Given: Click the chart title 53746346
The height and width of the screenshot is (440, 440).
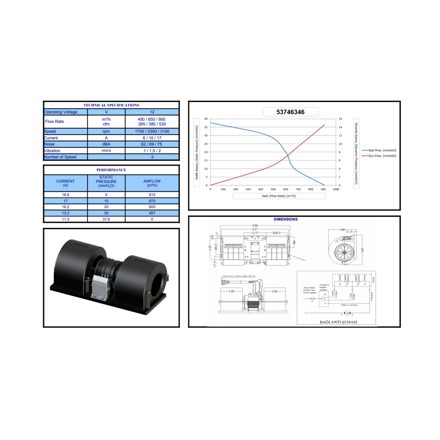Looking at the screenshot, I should click(290, 112).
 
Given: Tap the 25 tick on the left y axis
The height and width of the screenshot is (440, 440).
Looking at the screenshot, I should click(206, 144).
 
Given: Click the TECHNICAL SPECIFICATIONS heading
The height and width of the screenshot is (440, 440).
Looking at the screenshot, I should click(111, 105).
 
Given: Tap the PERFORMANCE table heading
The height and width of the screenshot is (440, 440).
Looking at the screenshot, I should click(111, 170).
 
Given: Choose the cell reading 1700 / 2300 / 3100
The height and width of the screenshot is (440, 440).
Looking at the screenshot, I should click(152, 132).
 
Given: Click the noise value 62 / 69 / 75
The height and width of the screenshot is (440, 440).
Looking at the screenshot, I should click(152, 144).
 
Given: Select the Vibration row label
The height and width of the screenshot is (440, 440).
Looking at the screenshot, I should click(52, 150).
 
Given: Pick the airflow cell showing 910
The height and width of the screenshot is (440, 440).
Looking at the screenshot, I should click(152, 194).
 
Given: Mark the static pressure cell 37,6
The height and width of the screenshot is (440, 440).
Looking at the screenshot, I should click(106, 219).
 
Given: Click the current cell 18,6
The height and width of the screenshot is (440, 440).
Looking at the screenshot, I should click(66, 194).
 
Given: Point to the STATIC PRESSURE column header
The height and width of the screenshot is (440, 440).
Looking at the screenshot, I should click(106, 181).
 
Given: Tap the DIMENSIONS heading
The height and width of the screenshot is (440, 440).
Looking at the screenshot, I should click(286, 219).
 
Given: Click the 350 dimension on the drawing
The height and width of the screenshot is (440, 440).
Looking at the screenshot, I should click(255, 225).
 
